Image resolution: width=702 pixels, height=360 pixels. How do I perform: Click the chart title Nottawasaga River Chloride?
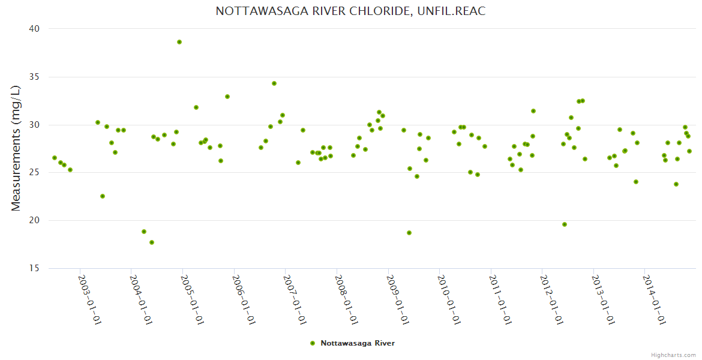click(350, 11)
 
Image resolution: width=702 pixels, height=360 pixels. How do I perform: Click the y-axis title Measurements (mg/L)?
click(16, 148)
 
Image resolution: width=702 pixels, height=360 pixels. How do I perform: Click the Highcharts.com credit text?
click(673, 355)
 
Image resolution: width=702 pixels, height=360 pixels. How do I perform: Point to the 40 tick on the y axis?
click(34, 29)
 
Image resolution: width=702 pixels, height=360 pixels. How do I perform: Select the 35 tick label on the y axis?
click(34, 77)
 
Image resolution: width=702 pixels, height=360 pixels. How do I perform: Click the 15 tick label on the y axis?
click(34, 268)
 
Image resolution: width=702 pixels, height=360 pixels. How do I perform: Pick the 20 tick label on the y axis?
click(34, 220)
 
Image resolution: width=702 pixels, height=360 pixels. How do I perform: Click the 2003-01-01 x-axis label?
click(90, 299)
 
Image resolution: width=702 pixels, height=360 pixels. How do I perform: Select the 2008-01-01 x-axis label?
click(346, 299)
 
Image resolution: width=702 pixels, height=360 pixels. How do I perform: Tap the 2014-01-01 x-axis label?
click(654, 299)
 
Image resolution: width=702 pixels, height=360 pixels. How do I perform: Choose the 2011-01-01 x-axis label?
click(500, 299)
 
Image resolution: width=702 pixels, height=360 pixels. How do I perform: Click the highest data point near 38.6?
click(179, 42)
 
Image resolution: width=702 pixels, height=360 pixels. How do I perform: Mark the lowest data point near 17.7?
click(152, 242)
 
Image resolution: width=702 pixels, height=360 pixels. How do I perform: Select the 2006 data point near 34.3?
click(274, 83)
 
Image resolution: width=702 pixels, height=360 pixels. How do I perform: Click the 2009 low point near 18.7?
click(409, 233)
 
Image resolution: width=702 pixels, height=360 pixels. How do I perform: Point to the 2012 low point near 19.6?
click(565, 224)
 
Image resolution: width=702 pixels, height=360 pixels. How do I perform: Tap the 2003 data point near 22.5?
click(103, 196)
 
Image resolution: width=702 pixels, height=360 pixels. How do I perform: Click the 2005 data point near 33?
click(227, 97)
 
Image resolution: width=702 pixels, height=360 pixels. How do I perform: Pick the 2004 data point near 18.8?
click(144, 232)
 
